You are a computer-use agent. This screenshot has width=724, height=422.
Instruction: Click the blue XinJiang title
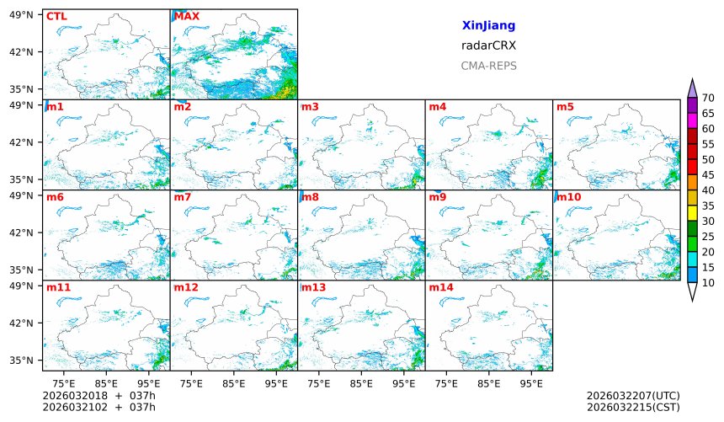tap(488, 26)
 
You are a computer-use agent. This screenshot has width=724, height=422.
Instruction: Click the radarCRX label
tap(488, 45)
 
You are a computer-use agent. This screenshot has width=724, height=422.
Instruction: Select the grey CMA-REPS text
tap(488, 65)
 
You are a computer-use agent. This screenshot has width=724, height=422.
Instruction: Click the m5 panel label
tap(565, 107)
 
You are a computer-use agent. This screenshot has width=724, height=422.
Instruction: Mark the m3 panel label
tap(310, 107)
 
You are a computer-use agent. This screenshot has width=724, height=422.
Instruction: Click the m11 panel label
tap(58, 287)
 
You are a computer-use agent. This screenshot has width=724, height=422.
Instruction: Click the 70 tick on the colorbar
tap(708, 98)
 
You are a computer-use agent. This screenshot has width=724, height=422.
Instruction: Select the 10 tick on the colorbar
tap(708, 282)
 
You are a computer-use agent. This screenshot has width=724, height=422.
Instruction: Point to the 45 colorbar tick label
tap(708, 174)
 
